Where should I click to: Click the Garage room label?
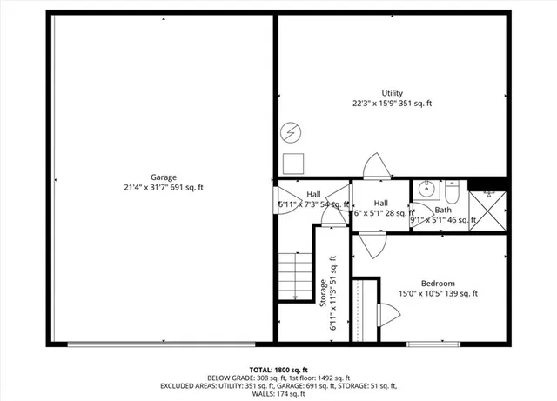coord(163,177)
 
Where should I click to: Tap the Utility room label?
coord(392,93)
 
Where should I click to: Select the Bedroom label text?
coord(438,283)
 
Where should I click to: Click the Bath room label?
coord(443,210)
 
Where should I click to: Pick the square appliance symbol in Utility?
coord(292,162)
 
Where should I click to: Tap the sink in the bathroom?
coord(426,188)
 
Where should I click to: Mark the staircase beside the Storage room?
coord(296,275)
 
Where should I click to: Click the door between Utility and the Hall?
coord(378,167)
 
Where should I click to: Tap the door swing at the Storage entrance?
coord(332,214)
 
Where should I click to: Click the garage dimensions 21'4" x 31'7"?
coord(163,187)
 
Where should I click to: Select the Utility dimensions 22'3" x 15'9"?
coord(392,104)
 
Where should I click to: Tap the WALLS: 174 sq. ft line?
coord(278,394)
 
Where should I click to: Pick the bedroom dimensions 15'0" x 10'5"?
coord(438,293)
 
